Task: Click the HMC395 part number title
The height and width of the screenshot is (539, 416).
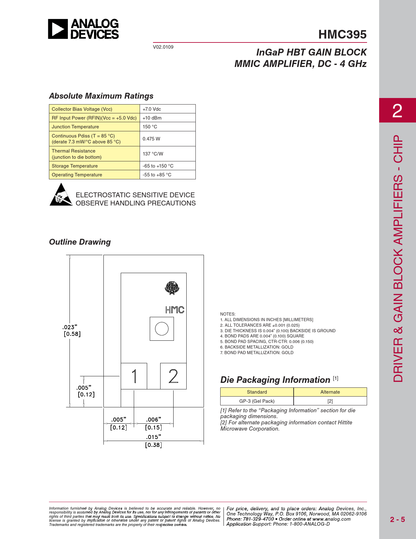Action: coord(342,34)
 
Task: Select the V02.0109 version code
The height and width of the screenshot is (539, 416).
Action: coord(163,47)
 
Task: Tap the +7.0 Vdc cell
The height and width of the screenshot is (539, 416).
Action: coord(152,109)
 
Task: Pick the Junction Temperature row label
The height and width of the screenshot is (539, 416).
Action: coord(75,127)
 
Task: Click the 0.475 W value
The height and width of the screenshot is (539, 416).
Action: coord(151,139)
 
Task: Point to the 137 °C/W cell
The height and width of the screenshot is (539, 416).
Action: coord(153,154)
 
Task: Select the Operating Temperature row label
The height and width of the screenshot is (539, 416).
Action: coord(77,175)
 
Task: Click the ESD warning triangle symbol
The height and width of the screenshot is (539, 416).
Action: coord(61,195)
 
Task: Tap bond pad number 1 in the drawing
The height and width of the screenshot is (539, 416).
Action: coord(134,376)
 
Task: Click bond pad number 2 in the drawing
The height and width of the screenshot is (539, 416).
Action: coord(173,376)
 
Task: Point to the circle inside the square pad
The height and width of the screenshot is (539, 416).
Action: coord(162,329)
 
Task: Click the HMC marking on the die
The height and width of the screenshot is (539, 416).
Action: coord(175,310)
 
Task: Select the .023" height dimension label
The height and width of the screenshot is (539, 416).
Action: coord(70,327)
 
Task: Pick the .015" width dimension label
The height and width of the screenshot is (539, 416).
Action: coord(153,437)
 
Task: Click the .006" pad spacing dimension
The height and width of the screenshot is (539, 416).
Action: coord(153,419)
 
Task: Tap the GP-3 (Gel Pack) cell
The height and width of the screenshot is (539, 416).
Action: coord(257,401)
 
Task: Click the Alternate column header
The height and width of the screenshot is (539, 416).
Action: coord(330,392)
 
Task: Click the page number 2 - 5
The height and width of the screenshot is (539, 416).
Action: coord(397,519)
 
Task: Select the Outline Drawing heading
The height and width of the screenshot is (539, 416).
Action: coord(80,242)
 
